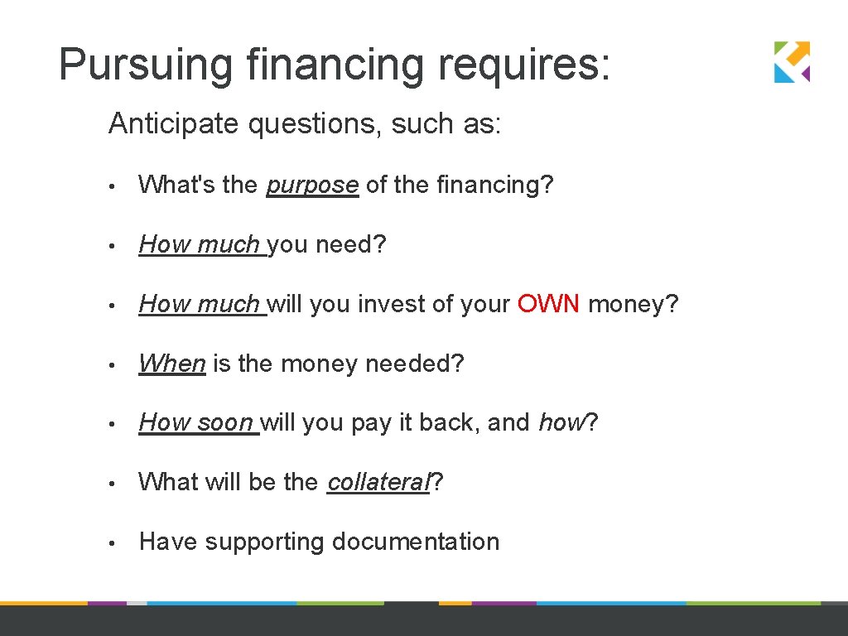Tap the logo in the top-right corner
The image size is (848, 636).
coord(792,62)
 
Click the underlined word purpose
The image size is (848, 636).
coord(312,185)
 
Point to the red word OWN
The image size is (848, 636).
coord(549,305)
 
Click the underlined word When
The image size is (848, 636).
coord(172,364)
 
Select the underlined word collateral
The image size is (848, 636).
coord(379,482)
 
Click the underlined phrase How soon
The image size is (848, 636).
coord(196,422)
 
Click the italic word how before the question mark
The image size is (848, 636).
coord(561,422)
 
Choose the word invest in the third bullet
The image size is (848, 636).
coord(389,305)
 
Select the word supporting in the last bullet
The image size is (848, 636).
coord(265,542)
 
